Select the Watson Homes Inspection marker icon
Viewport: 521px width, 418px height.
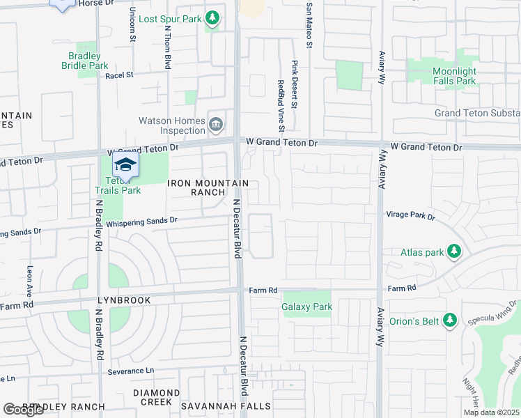pos(216,125)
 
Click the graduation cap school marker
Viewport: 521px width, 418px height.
pos(125,165)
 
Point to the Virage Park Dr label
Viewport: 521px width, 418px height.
pos(410,217)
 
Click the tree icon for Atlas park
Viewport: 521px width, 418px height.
pos(454,250)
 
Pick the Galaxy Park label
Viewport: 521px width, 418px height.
pos(306,307)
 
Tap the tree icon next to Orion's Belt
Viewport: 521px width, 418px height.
pos(450,320)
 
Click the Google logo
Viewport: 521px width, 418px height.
pos(23,410)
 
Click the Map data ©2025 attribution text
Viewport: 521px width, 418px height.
pos(491,412)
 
